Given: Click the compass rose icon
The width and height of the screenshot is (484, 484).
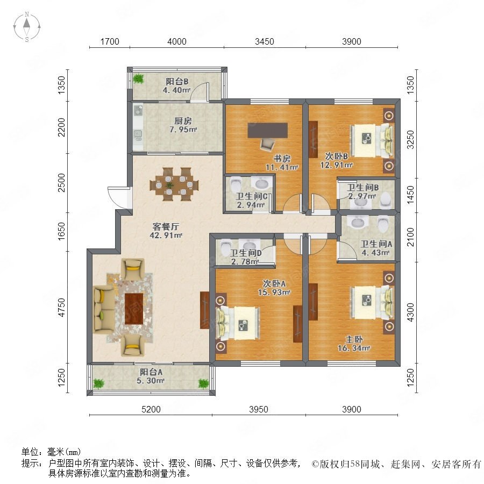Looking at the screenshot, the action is (x=27, y=27).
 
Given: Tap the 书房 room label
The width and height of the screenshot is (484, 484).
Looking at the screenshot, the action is (x=282, y=159).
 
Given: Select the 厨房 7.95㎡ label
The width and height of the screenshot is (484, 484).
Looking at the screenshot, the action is (x=183, y=125).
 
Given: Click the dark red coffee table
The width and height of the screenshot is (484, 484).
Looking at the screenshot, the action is (x=134, y=309).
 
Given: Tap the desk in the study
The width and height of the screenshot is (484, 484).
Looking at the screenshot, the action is (x=268, y=130).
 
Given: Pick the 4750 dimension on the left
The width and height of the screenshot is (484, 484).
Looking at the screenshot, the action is (x=62, y=307).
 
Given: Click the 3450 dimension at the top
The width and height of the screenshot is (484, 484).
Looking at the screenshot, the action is (x=265, y=41).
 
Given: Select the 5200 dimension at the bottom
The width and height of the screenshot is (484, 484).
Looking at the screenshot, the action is (x=151, y=409).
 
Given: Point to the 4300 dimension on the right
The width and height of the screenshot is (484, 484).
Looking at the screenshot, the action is (x=410, y=312).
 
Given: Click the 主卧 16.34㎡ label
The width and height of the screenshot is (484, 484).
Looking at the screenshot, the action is (x=354, y=344).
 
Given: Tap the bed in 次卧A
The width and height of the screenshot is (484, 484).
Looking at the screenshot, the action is (x=239, y=323).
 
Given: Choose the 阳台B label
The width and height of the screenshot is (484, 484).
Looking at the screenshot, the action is (x=177, y=82).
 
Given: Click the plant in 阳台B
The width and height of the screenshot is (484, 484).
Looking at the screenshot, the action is (x=139, y=79).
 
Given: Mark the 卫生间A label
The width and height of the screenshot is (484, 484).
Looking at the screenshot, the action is (x=376, y=244).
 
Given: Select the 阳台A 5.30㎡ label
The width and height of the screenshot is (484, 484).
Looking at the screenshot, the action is (x=151, y=376).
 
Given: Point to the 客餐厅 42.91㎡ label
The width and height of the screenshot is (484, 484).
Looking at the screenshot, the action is (x=166, y=231).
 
